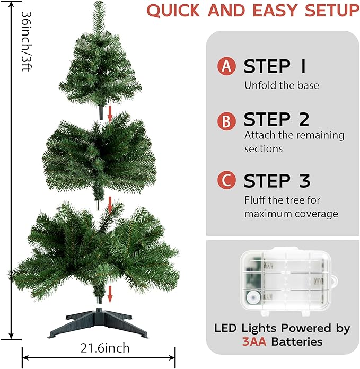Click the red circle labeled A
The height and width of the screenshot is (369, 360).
point(226,66)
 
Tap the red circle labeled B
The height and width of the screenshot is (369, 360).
point(226,121)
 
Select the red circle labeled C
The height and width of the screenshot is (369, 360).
point(226,180)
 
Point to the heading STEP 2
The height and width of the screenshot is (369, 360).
point(276,120)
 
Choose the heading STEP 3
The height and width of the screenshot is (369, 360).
point(277,180)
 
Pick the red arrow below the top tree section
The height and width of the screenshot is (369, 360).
point(110,112)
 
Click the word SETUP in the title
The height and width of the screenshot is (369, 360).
point(329,11)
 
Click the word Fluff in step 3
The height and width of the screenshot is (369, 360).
point(255,200)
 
